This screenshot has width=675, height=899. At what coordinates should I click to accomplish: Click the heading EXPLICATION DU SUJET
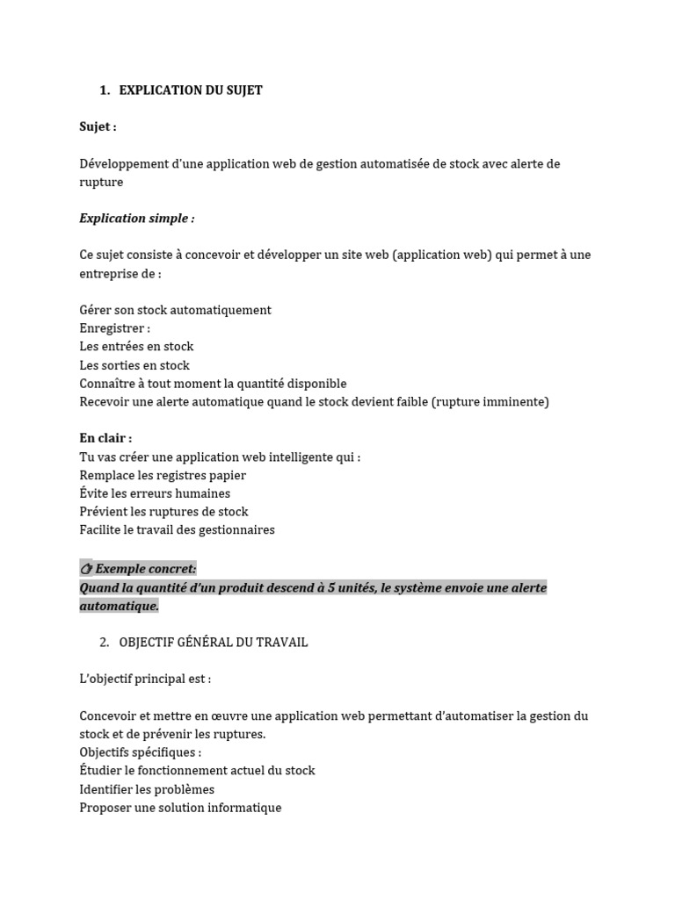[191, 90]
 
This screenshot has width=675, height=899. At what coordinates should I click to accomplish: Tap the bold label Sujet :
[98, 126]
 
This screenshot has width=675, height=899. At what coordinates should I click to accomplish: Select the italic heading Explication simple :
[137, 218]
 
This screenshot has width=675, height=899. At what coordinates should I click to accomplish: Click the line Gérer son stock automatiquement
[175, 310]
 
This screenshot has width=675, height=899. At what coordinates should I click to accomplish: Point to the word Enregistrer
[111, 328]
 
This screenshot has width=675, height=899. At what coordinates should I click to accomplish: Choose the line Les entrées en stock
[136, 347]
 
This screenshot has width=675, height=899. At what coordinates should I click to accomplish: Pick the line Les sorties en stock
[134, 365]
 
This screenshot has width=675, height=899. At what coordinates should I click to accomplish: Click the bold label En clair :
[105, 438]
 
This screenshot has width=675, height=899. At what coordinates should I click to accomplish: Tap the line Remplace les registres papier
[163, 475]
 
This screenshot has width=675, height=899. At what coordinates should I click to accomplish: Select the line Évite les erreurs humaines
[155, 493]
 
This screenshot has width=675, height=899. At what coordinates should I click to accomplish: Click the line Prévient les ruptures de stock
[163, 512]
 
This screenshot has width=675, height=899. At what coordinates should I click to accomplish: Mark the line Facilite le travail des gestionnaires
[177, 530]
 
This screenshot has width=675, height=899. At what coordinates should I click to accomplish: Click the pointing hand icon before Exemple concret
[86, 569]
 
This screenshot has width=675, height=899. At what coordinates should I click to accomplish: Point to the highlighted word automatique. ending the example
[120, 606]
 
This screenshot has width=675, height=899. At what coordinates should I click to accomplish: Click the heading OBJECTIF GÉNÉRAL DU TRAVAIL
[214, 643]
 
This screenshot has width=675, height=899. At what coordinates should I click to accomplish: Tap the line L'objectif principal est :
[145, 679]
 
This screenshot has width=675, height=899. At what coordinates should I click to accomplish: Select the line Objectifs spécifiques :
[141, 752]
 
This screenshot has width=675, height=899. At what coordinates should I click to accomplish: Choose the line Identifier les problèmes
[147, 789]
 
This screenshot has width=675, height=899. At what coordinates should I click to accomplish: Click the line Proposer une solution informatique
[180, 808]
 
